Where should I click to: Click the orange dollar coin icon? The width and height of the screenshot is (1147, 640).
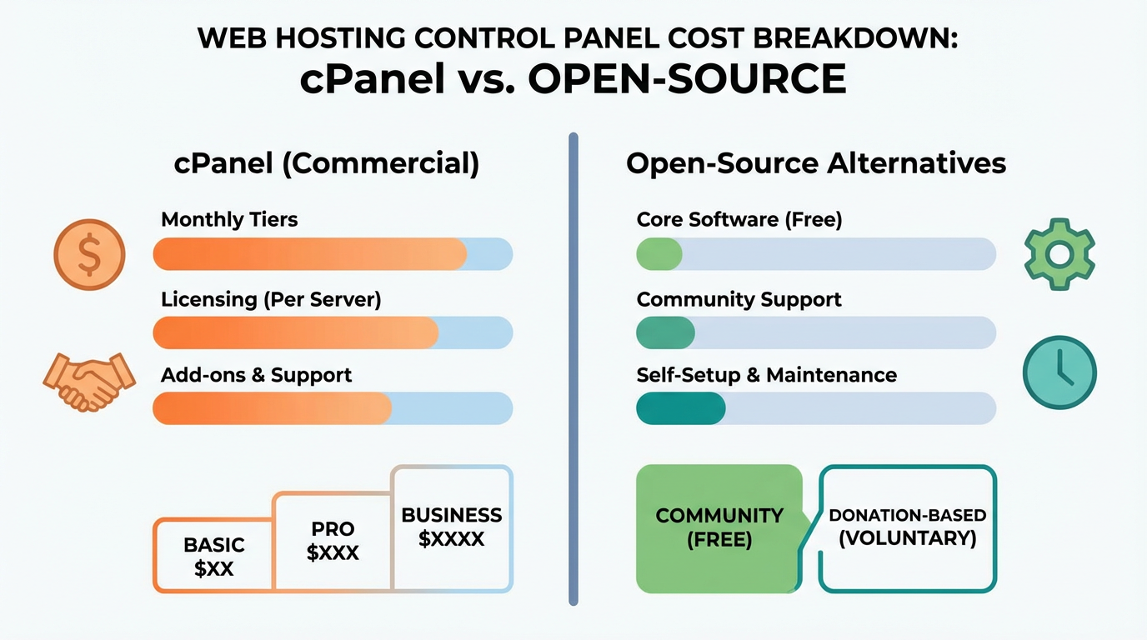(x=89, y=253)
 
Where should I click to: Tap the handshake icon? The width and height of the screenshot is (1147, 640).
(x=88, y=381)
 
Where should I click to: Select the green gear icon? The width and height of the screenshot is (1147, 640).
(x=1059, y=254)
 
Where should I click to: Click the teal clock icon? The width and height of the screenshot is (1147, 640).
(x=1059, y=372)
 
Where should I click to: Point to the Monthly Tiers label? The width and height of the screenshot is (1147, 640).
(x=229, y=220)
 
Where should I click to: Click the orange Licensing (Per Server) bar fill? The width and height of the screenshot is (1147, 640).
(x=296, y=332)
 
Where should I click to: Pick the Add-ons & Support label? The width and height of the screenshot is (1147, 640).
(x=256, y=375)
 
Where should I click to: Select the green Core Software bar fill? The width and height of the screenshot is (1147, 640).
(x=659, y=254)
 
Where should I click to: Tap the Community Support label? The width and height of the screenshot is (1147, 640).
(x=739, y=300)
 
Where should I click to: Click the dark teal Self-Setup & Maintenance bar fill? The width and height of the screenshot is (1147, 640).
(x=680, y=408)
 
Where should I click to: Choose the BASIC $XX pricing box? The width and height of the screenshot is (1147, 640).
(x=213, y=557)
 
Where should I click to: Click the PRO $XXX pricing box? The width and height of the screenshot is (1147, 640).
(x=333, y=541)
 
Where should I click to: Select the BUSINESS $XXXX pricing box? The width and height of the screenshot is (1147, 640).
(x=451, y=527)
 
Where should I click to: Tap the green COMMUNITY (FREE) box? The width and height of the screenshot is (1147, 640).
(x=719, y=527)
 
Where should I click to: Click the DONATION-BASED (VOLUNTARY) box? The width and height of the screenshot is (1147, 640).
(x=907, y=527)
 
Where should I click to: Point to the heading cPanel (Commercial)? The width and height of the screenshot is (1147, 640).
(x=327, y=163)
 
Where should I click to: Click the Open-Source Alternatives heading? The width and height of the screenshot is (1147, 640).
(x=815, y=163)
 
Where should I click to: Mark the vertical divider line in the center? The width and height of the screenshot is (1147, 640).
(x=573, y=367)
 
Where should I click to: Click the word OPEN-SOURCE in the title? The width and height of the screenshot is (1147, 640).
(x=688, y=80)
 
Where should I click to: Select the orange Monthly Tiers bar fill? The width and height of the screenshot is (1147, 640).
(x=309, y=254)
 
